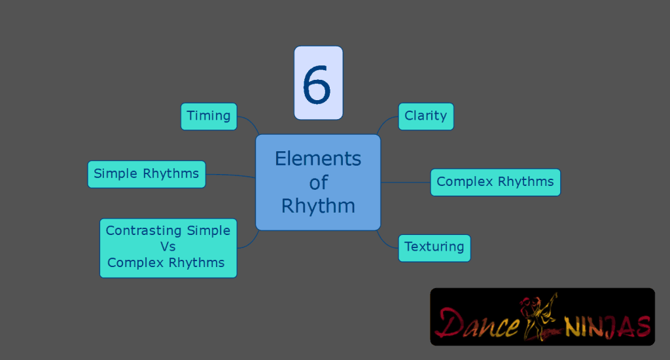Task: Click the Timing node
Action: (x=209, y=117)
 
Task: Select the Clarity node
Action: (x=425, y=117)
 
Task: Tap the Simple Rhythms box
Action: (x=147, y=174)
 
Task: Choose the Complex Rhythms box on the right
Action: (x=495, y=182)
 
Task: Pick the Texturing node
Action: (x=434, y=247)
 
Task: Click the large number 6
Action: (x=318, y=84)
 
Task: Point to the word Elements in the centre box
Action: (x=318, y=158)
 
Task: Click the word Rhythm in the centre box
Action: (x=318, y=206)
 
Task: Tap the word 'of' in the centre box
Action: (x=318, y=182)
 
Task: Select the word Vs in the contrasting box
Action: (x=168, y=247)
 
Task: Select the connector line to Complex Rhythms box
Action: (x=406, y=182)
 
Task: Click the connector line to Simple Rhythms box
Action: (x=230, y=175)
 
